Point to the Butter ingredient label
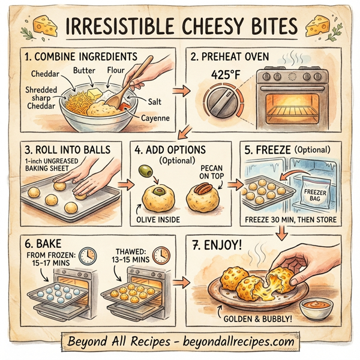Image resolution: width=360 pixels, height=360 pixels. [84, 70]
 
